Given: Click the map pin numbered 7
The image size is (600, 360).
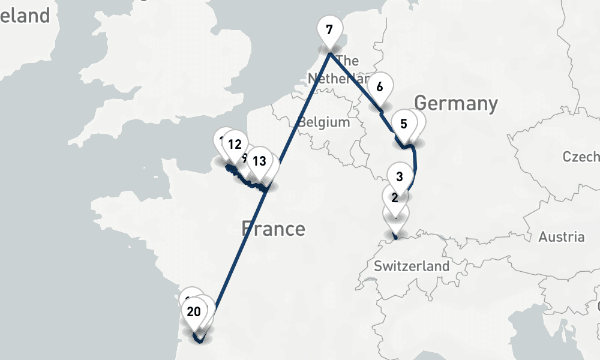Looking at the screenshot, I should [x=329, y=29].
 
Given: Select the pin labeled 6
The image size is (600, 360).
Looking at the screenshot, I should [x=379, y=87].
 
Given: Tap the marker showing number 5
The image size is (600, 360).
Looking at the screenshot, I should [x=403, y=124].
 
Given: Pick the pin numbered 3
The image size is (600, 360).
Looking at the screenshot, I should [x=400, y=176].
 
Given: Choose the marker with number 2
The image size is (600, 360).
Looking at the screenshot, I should [x=395, y=197].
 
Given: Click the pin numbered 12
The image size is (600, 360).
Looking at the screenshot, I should [x=235, y=144].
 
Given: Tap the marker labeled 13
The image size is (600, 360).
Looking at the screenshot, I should [x=259, y=161].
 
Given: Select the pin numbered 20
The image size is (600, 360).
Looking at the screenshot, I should [x=194, y=311].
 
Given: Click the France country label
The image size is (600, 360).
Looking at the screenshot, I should [x=273, y=229].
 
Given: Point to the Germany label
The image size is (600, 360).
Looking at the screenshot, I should [x=456, y=103].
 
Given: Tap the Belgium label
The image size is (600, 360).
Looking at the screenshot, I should [x=324, y=122].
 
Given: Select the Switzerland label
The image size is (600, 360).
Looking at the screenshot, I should [x=411, y=266].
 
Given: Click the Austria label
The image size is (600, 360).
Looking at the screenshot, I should [x=561, y=236].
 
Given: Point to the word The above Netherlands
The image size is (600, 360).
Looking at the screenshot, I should [x=348, y=61].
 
